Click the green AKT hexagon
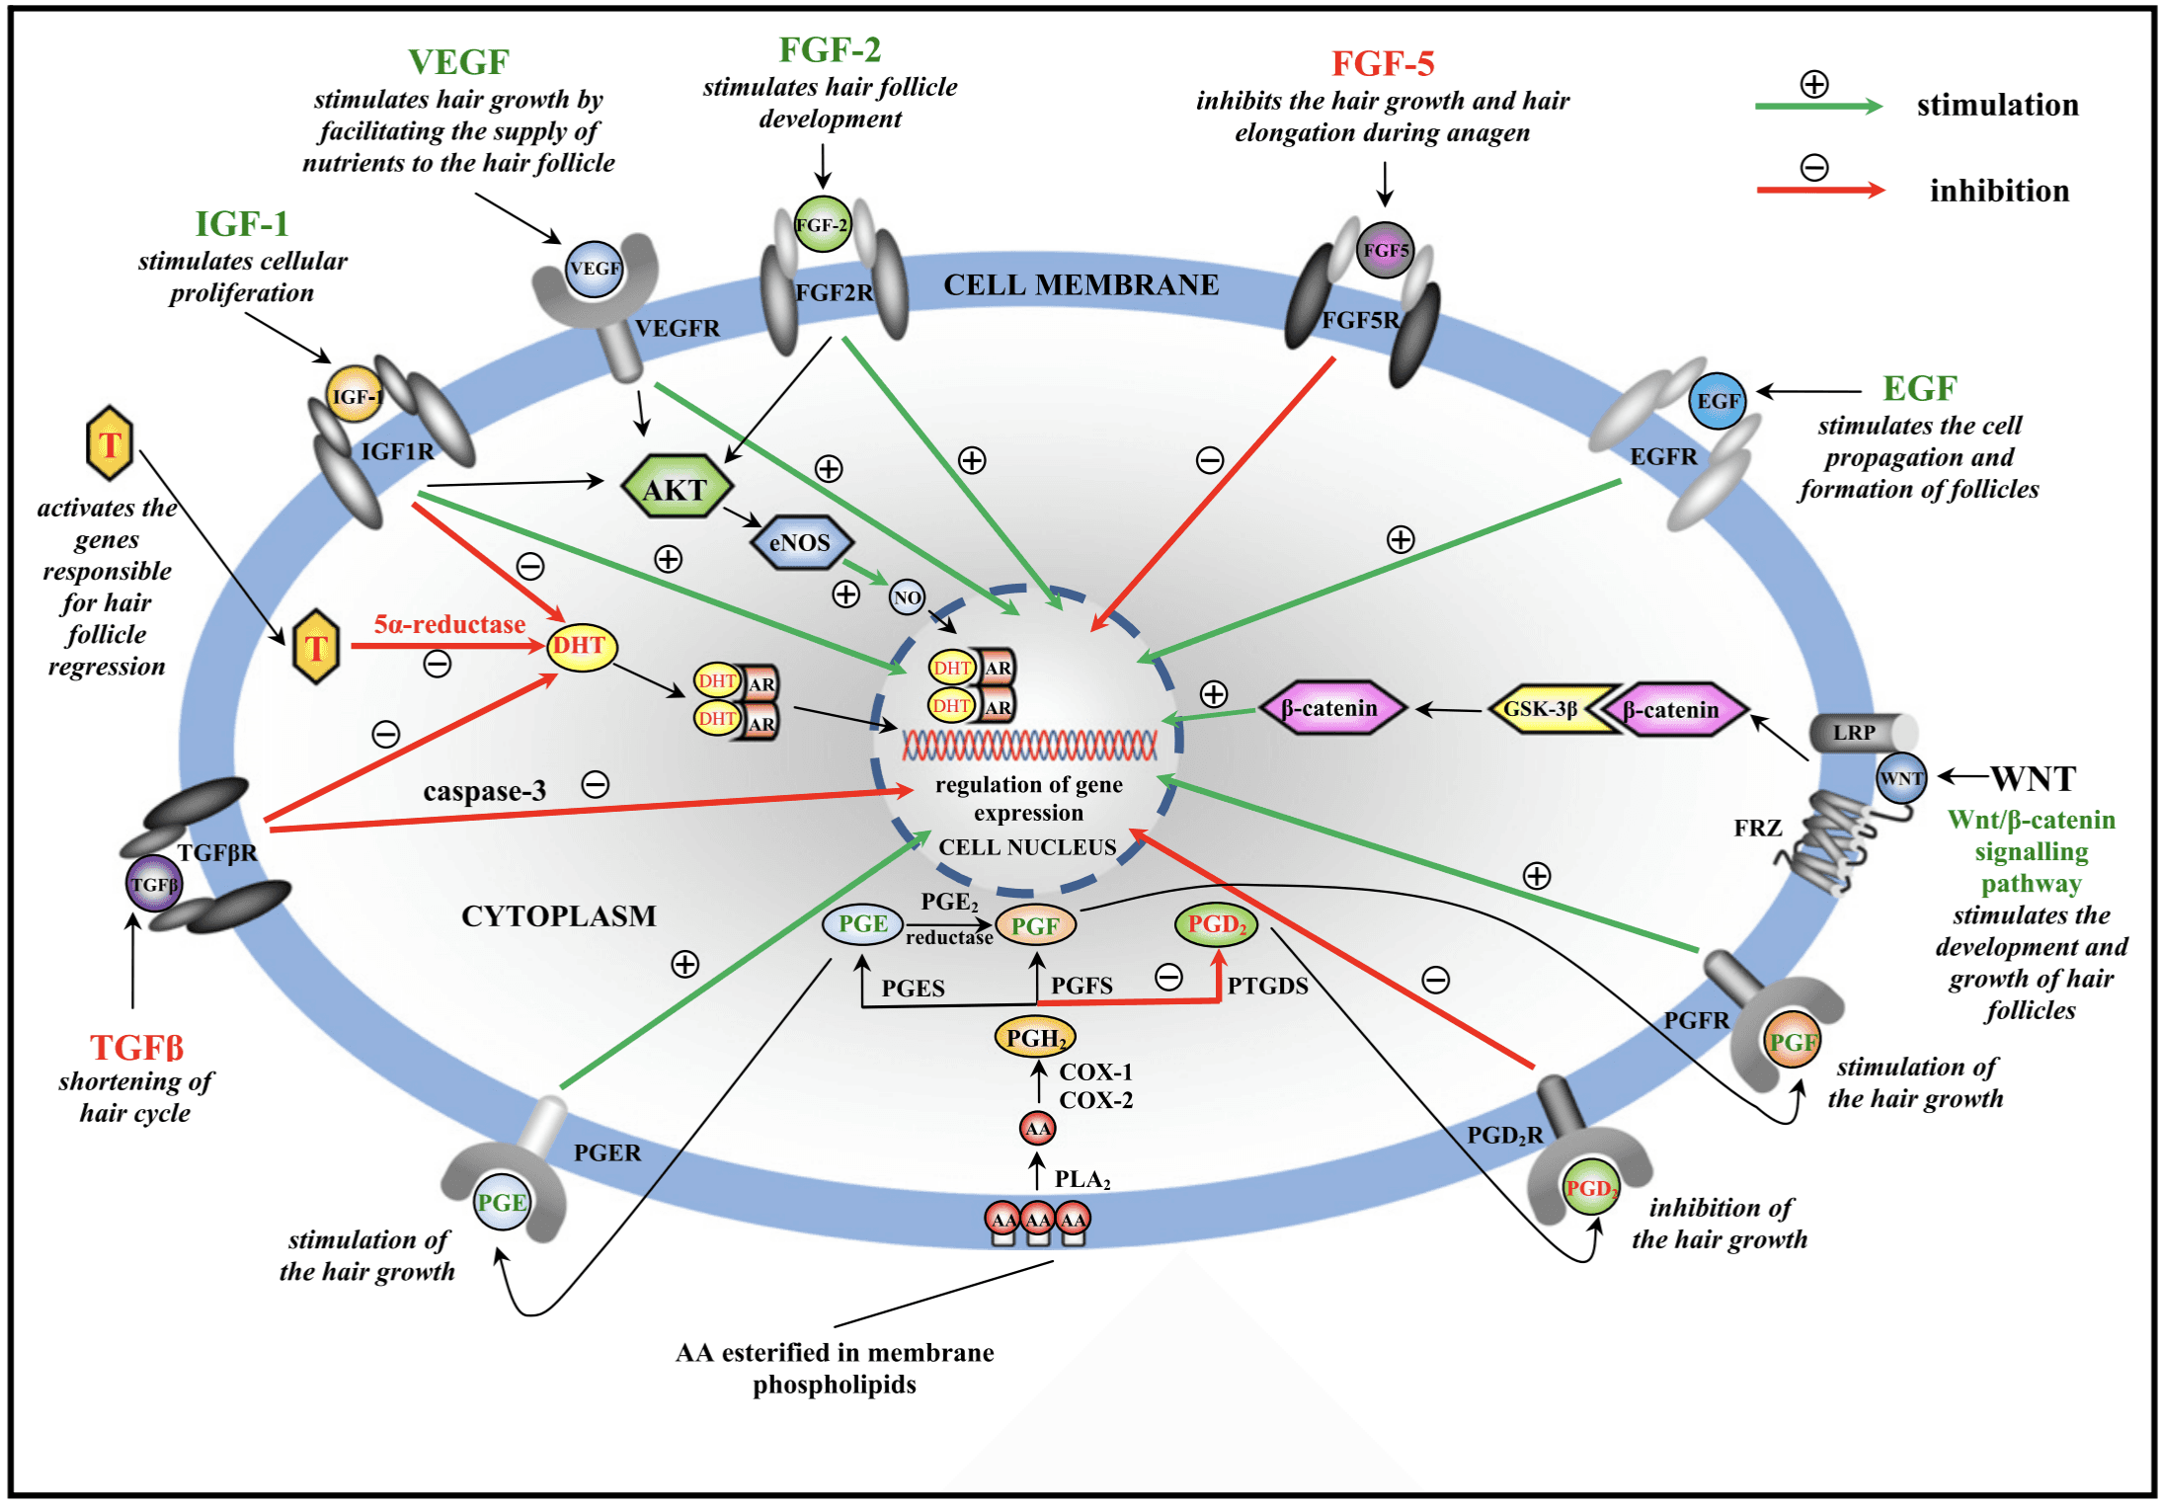(x=677, y=488)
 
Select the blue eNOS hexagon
(x=800, y=542)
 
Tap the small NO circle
(x=907, y=596)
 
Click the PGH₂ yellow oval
(x=1034, y=1037)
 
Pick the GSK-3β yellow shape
(x=1547, y=709)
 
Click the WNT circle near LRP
(x=1900, y=778)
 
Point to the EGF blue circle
(x=1718, y=401)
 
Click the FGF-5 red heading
(x=1382, y=64)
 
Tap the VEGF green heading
(x=458, y=62)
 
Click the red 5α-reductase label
(x=449, y=625)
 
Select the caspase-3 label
(x=484, y=791)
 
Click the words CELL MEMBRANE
(x=1081, y=284)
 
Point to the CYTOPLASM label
(x=558, y=915)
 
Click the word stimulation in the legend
(x=1997, y=105)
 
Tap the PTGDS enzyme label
(x=1267, y=986)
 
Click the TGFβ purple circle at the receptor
(x=154, y=884)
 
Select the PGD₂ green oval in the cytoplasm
(x=1216, y=924)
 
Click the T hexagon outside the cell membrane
(x=110, y=443)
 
